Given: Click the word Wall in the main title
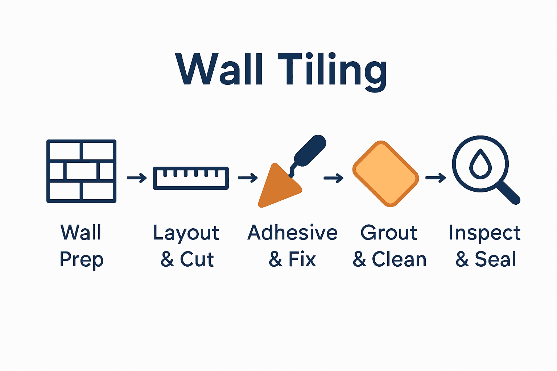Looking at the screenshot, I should [219, 69].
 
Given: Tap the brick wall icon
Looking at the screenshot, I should [81, 171].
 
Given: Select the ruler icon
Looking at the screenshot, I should [191, 178].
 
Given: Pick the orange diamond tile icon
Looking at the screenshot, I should [385, 174].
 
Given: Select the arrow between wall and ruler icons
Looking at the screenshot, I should [137, 178].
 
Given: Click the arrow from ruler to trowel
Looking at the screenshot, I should [248, 178].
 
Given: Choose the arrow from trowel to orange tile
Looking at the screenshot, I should [333, 178].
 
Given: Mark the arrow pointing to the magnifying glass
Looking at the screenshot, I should [436, 178].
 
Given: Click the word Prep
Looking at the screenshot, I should [82, 260].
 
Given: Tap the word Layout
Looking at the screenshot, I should [186, 233].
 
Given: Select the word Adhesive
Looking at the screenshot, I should [292, 233].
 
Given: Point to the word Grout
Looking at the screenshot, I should [389, 233].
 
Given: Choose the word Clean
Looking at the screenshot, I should [399, 259].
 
